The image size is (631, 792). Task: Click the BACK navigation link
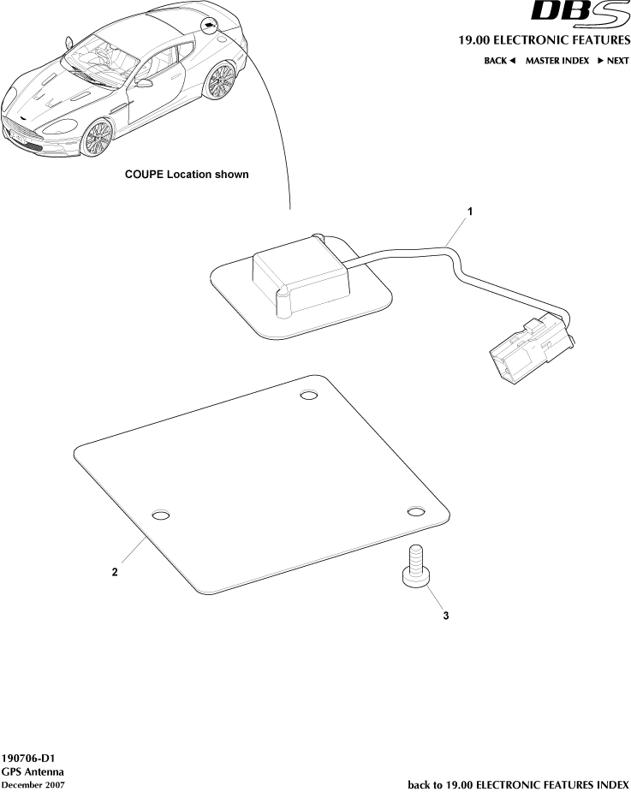point(499,61)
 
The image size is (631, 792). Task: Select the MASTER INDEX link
point(557,61)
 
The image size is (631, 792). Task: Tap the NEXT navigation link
point(613,61)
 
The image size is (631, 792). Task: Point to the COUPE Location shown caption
point(187,175)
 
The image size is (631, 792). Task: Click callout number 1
point(468,210)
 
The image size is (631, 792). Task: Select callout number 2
point(115,573)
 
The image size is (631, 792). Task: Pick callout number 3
point(445,615)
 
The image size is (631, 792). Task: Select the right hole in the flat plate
point(415,511)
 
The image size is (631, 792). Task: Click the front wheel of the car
point(98,137)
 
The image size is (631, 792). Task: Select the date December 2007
point(33,784)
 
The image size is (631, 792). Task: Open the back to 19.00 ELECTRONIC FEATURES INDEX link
point(518,784)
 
